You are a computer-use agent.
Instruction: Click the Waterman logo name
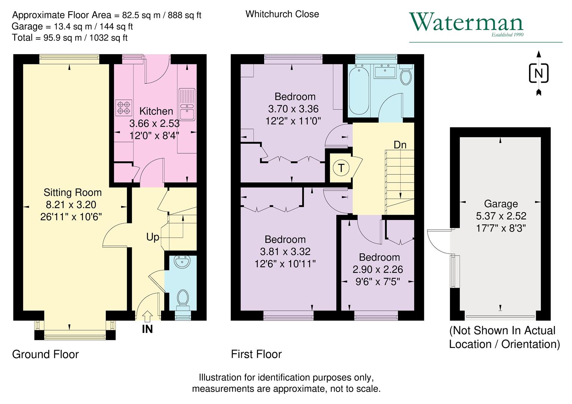coord(466,22)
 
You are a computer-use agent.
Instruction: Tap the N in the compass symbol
coord(538,73)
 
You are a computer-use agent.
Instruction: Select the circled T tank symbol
coord(341,168)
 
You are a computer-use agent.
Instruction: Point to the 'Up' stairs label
coord(153,237)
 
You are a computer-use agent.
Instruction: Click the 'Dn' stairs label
coord(400,145)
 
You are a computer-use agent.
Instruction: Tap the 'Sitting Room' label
coord(73,193)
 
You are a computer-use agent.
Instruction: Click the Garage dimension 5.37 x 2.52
coord(501,216)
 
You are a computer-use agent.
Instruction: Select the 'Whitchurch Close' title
coord(282,14)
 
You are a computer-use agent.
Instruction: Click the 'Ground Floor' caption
coord(45,354)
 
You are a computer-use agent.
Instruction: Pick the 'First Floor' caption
coord(256,354)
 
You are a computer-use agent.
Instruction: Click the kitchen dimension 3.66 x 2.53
coord(154,123)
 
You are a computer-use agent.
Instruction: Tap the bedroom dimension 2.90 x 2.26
coord(377,269)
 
